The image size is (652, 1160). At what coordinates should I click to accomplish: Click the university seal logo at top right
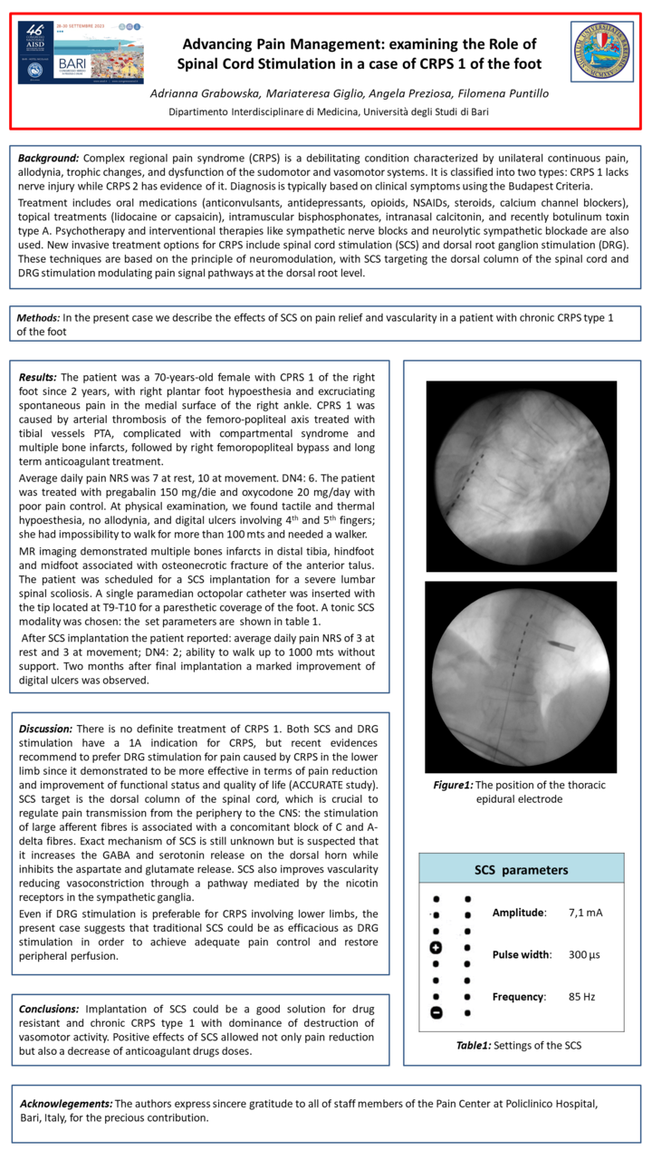(x=599, y=53)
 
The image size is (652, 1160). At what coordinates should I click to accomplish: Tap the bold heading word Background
(x=49, y=159)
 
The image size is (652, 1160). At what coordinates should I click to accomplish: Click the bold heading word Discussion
(x=46, y=729)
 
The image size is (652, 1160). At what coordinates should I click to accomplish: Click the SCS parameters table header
(x=522, y=869)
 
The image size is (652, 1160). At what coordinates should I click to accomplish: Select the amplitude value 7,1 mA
(x=585, y=912)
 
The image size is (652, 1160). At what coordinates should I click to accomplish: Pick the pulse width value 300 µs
(x=585, y=954)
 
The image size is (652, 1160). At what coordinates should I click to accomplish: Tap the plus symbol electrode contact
(x=436, y=948)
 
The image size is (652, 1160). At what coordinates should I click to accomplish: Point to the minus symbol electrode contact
(x=436, y=1012)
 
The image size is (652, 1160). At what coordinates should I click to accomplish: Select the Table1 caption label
(x=478, y=1045)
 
